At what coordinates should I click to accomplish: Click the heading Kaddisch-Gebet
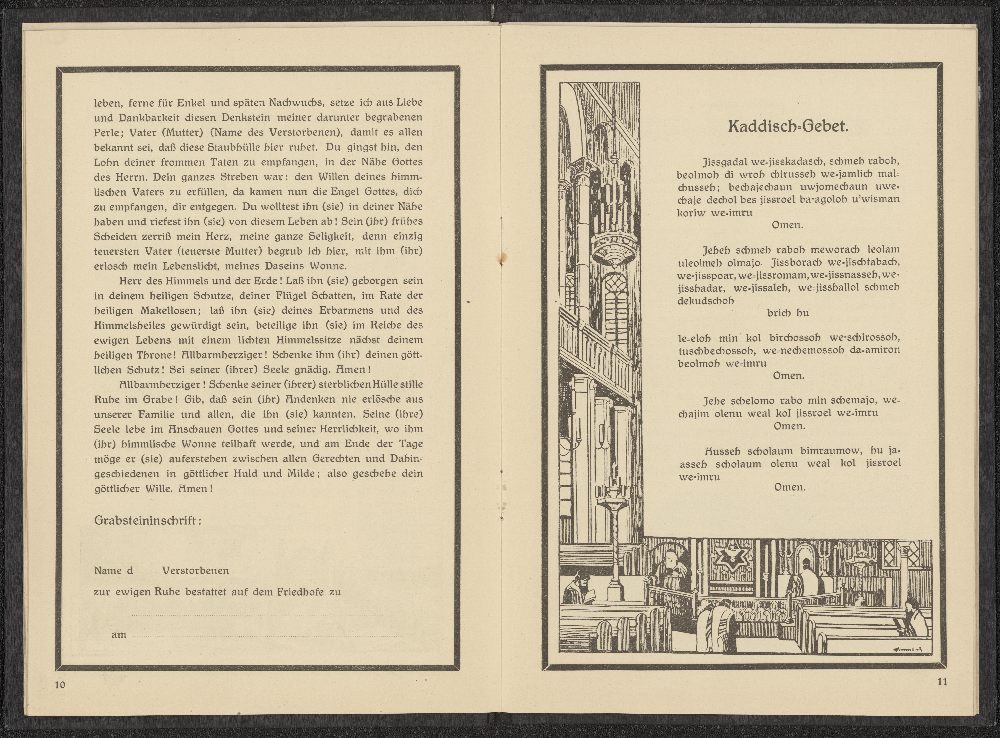coord(788,126)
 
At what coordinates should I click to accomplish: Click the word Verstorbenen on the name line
coord(195,571)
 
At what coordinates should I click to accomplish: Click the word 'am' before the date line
coord(119,634)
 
